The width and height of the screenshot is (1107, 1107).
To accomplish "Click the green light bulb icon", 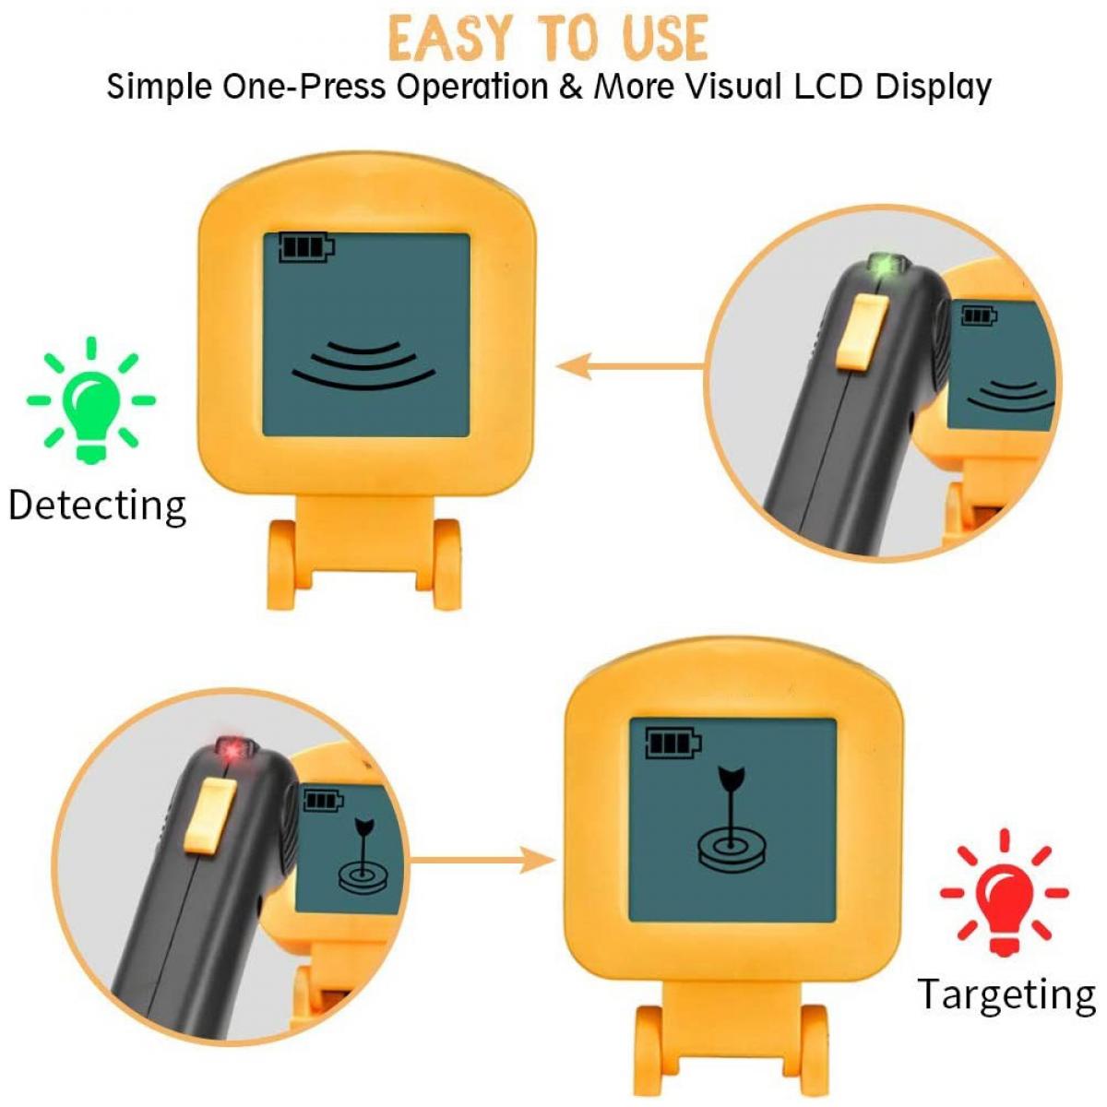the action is point(91,400).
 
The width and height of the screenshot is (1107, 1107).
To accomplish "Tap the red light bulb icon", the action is point(1004,892).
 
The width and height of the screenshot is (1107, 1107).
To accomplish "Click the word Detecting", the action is point(97,506).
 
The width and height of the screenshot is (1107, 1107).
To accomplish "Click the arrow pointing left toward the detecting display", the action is point(630,366).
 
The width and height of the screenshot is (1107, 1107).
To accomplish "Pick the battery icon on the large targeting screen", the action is point(673,744).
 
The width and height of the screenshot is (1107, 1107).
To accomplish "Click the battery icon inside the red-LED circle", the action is point(323,800).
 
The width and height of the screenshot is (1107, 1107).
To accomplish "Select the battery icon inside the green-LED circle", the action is point(980,315).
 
